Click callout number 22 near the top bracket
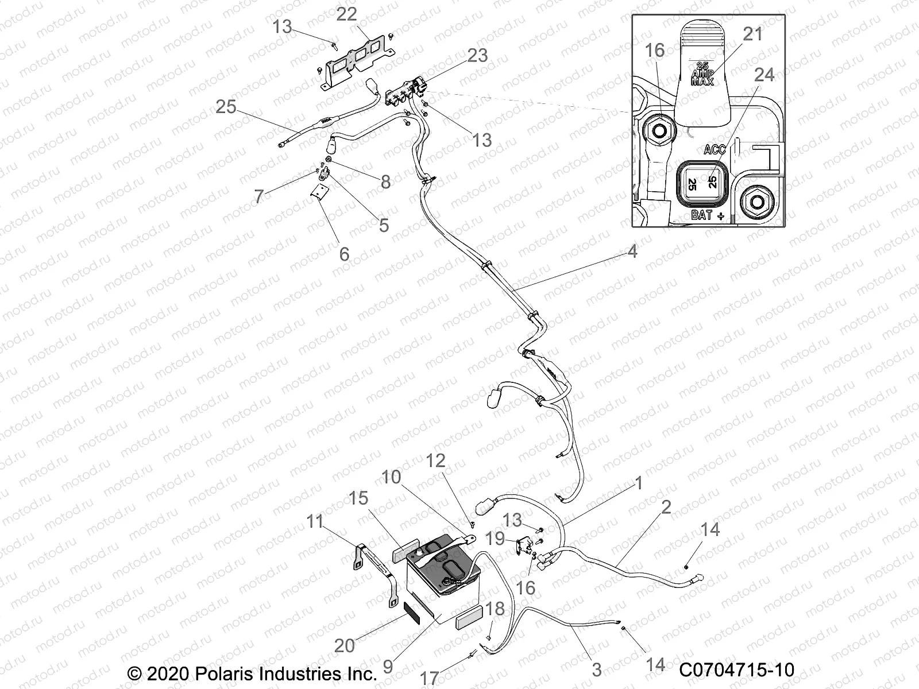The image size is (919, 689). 346,14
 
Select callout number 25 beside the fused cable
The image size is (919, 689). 226,107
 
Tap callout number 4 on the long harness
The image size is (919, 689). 632,251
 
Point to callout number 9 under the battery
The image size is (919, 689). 388,667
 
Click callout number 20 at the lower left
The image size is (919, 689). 345,646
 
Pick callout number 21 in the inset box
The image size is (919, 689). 752,34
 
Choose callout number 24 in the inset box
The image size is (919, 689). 764,75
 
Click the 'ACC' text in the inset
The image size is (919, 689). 715,149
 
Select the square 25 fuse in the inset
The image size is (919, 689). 703,183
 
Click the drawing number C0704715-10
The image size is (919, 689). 736,670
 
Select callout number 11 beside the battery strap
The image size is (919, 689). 315,521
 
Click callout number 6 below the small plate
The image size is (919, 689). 344,254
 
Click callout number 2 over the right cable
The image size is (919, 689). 666,507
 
